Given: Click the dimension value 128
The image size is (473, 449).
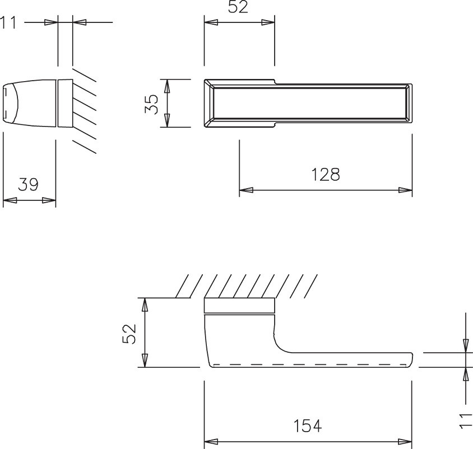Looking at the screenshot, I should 326,175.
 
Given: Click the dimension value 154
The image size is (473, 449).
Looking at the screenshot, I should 308,426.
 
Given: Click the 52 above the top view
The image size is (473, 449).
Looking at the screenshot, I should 238,7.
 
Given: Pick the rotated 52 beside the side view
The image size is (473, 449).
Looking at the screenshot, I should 129,334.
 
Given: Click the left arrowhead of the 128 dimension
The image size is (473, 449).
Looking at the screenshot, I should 245,190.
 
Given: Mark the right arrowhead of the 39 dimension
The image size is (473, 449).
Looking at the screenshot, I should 50,200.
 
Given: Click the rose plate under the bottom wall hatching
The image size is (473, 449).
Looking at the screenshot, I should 239,306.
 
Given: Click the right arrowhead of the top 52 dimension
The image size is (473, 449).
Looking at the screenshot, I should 269,22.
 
